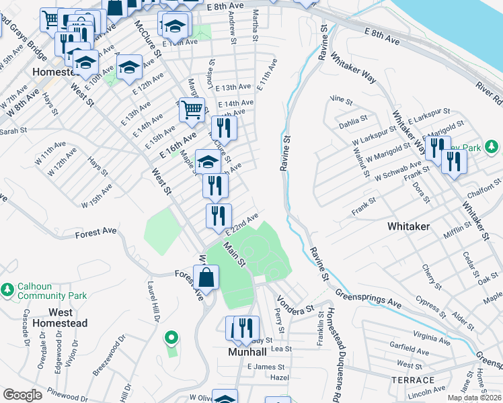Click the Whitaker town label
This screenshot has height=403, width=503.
(x=408, y=227)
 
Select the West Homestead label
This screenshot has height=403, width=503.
(x=69, y=318)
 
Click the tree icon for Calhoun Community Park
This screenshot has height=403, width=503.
(x=7, y=289)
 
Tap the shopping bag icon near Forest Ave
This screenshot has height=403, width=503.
(x=206, y=277)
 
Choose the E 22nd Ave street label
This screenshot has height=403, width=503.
(x=242, y=224)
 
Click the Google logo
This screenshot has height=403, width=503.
(x=22, y=395)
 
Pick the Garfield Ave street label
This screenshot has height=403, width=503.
(x=409, y=348)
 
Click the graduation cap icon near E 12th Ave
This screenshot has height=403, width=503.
(x=129, y=66)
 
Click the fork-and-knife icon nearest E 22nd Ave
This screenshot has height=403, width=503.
(x=219, y=216)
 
